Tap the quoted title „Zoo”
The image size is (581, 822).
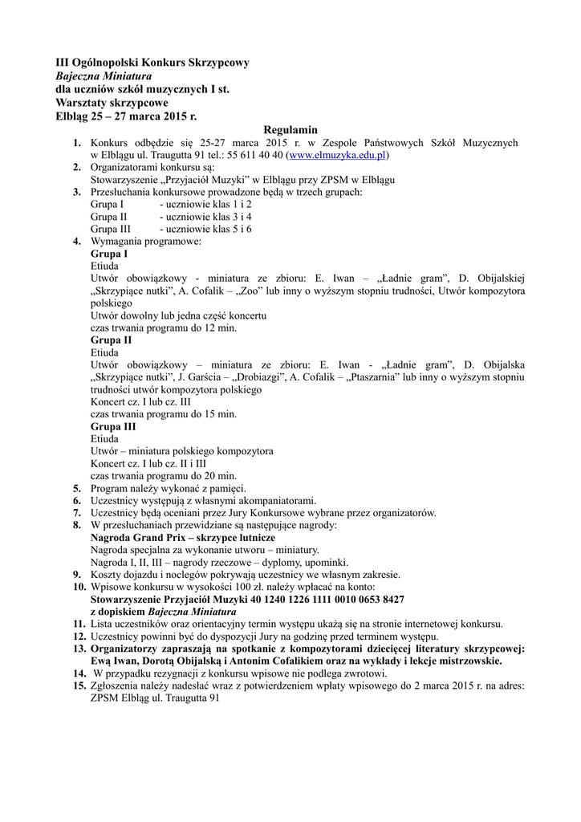tap(247, 291)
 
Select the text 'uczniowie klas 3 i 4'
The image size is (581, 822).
tap(205, 217)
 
